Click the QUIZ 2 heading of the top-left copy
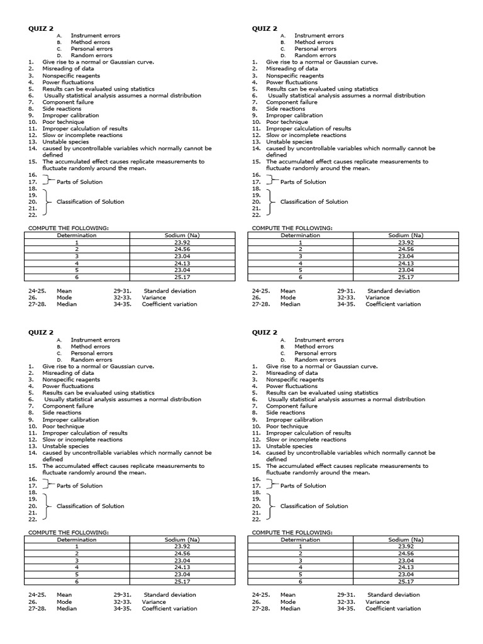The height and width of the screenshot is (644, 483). pos(40,28)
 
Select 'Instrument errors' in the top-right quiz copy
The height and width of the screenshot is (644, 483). pos(319,36)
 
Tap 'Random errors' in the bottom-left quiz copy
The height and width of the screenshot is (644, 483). pos(92,360)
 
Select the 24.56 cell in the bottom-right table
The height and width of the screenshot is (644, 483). pos(406,553)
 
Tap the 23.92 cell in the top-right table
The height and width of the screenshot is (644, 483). pos(406,242)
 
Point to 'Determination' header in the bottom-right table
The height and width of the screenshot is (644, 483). pos(301,540)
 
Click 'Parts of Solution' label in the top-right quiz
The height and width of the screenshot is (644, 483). pos(303,182)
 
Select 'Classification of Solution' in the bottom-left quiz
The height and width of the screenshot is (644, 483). pos(91,506)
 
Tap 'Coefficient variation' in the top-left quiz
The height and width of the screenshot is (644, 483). pos(169,304)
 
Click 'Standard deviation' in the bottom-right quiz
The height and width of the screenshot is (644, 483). pos(393,595)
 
